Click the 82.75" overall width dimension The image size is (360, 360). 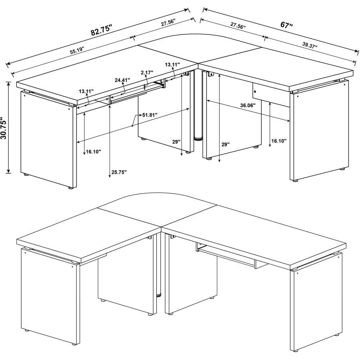pos(101,30)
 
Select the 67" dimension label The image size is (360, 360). pos(286,25)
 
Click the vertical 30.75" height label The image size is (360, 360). pos(5,128)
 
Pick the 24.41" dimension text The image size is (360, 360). pos(122,80)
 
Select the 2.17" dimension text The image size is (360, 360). pos(148,72)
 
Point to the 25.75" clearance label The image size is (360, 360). pos(119,172)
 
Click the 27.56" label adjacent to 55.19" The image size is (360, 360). pos(168,23)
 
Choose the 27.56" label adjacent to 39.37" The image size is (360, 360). pos(238,25)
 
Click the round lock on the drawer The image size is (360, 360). pos(255,92)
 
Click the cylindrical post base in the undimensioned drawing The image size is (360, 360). pos(159,295)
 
